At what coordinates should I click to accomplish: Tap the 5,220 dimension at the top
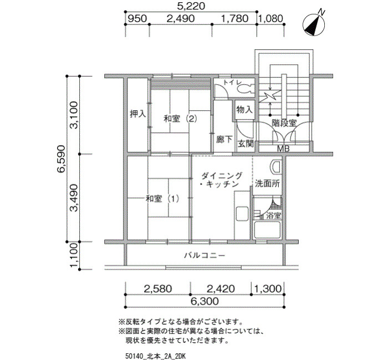(191, 6)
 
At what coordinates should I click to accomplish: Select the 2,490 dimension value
(181, 18)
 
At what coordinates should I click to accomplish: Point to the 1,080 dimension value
(272, 18)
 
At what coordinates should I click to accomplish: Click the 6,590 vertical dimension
(61, 159)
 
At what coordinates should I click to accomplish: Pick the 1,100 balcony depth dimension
(74, 256)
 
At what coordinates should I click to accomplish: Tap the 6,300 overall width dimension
(205, 301)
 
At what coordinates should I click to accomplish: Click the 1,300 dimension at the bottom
(268, 289)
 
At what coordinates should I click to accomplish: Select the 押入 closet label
(138, 114)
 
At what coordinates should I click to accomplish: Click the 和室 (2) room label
(180, 119)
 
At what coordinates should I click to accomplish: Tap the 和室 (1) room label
(162, 198)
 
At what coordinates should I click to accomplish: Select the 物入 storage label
(244, 109)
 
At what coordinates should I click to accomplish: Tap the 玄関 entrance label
(246, 143)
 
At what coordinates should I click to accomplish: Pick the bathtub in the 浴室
(267, 230)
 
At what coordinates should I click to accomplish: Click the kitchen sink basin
(242, 214)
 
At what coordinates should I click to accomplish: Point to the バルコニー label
(205, 255)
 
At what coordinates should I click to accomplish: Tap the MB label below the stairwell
(283, 148)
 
